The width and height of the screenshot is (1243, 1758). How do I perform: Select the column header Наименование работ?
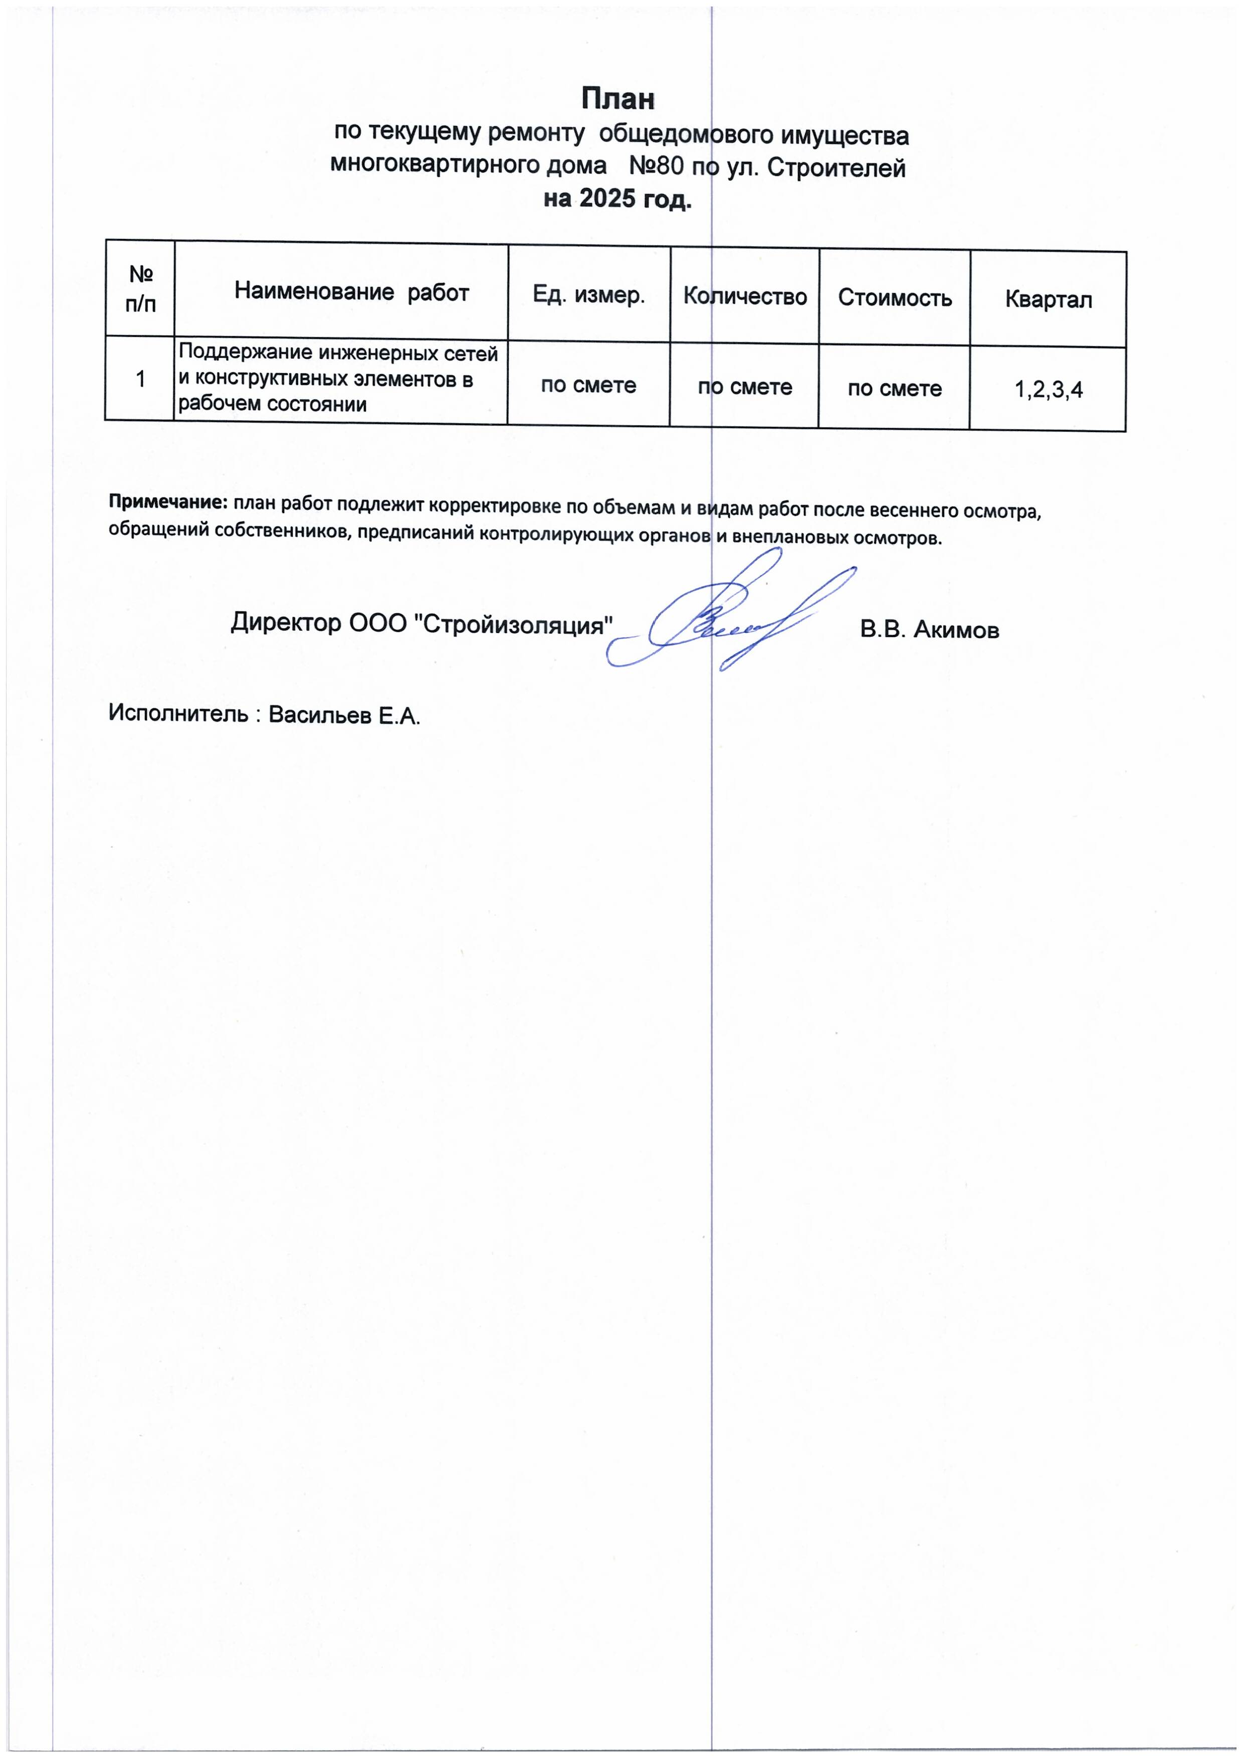(x=351, y=292)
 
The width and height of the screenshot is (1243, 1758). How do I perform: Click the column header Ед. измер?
(x=588, y=295)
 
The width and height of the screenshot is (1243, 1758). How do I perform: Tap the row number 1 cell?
(x=140, y=378)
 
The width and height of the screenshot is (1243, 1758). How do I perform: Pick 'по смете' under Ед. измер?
(x=588, y=385)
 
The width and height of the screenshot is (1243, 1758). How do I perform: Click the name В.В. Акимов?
(x=929, y=630)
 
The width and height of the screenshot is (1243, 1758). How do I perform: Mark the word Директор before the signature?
(x=286, y=622)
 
